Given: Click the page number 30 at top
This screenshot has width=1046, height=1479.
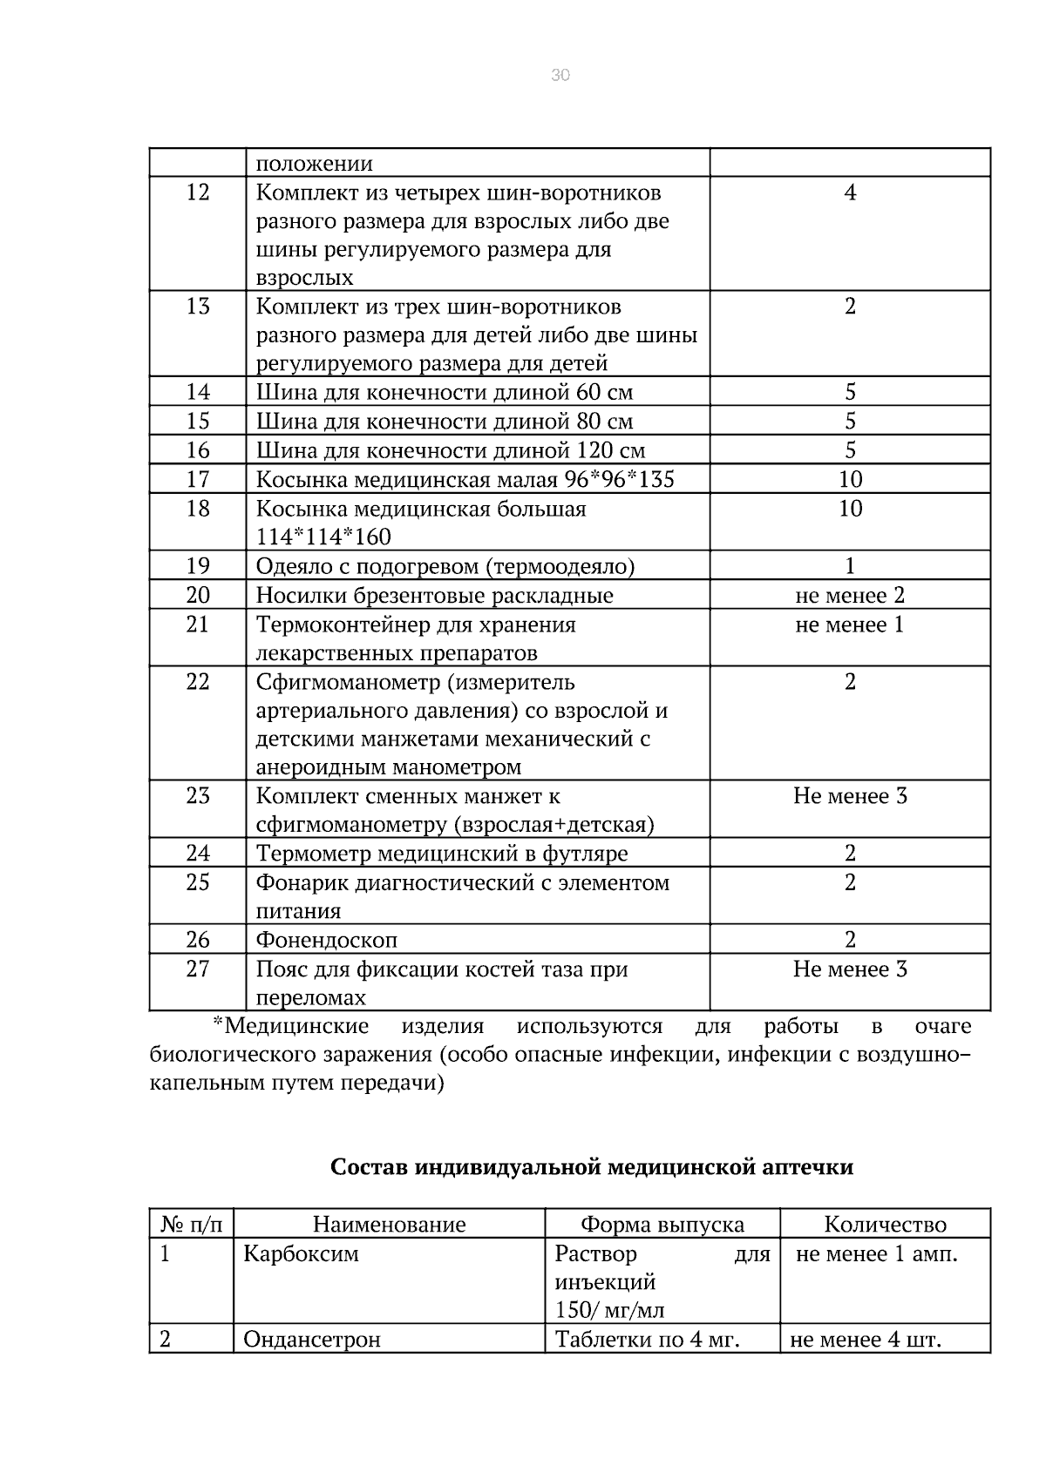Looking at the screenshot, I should pos(560,76).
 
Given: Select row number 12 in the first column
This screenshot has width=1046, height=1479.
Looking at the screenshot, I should pos(198,192).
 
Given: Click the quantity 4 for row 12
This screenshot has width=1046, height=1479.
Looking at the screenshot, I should pos(850,192).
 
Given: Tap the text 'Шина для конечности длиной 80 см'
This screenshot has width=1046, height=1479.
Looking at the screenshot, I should pos(445,422).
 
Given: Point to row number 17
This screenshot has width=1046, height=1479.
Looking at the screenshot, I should pos(198,479).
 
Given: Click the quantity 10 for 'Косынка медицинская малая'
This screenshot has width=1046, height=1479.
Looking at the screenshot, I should pos(850,479).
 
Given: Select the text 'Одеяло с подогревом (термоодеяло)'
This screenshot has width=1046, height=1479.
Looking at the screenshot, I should pos(445,567).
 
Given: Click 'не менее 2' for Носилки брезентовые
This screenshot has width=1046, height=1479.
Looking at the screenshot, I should pos(850,596).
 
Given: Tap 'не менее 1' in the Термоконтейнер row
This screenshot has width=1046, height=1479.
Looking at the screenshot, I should pos(850,625).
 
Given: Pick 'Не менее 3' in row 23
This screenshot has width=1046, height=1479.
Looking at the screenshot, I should pos(850,796).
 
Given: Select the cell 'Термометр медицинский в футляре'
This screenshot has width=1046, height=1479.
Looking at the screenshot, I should pos(441,854).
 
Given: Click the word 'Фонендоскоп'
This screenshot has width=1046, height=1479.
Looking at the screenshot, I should pos(327,941).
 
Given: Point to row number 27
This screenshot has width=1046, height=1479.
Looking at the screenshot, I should pos(198,969).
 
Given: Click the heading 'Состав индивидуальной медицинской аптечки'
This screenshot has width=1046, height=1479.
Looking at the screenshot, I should pos(592,1167).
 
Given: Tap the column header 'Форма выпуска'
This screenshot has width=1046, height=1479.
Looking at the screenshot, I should pos(662,1225).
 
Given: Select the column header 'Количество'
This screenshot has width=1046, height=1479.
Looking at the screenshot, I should pos(885,1225).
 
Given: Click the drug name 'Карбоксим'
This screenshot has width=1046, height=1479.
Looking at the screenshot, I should pos(301,1254).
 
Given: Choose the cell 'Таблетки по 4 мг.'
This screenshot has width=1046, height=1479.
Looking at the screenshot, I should pos(647,1340).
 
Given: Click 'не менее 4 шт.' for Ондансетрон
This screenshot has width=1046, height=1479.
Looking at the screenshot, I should pos(866,1340).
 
